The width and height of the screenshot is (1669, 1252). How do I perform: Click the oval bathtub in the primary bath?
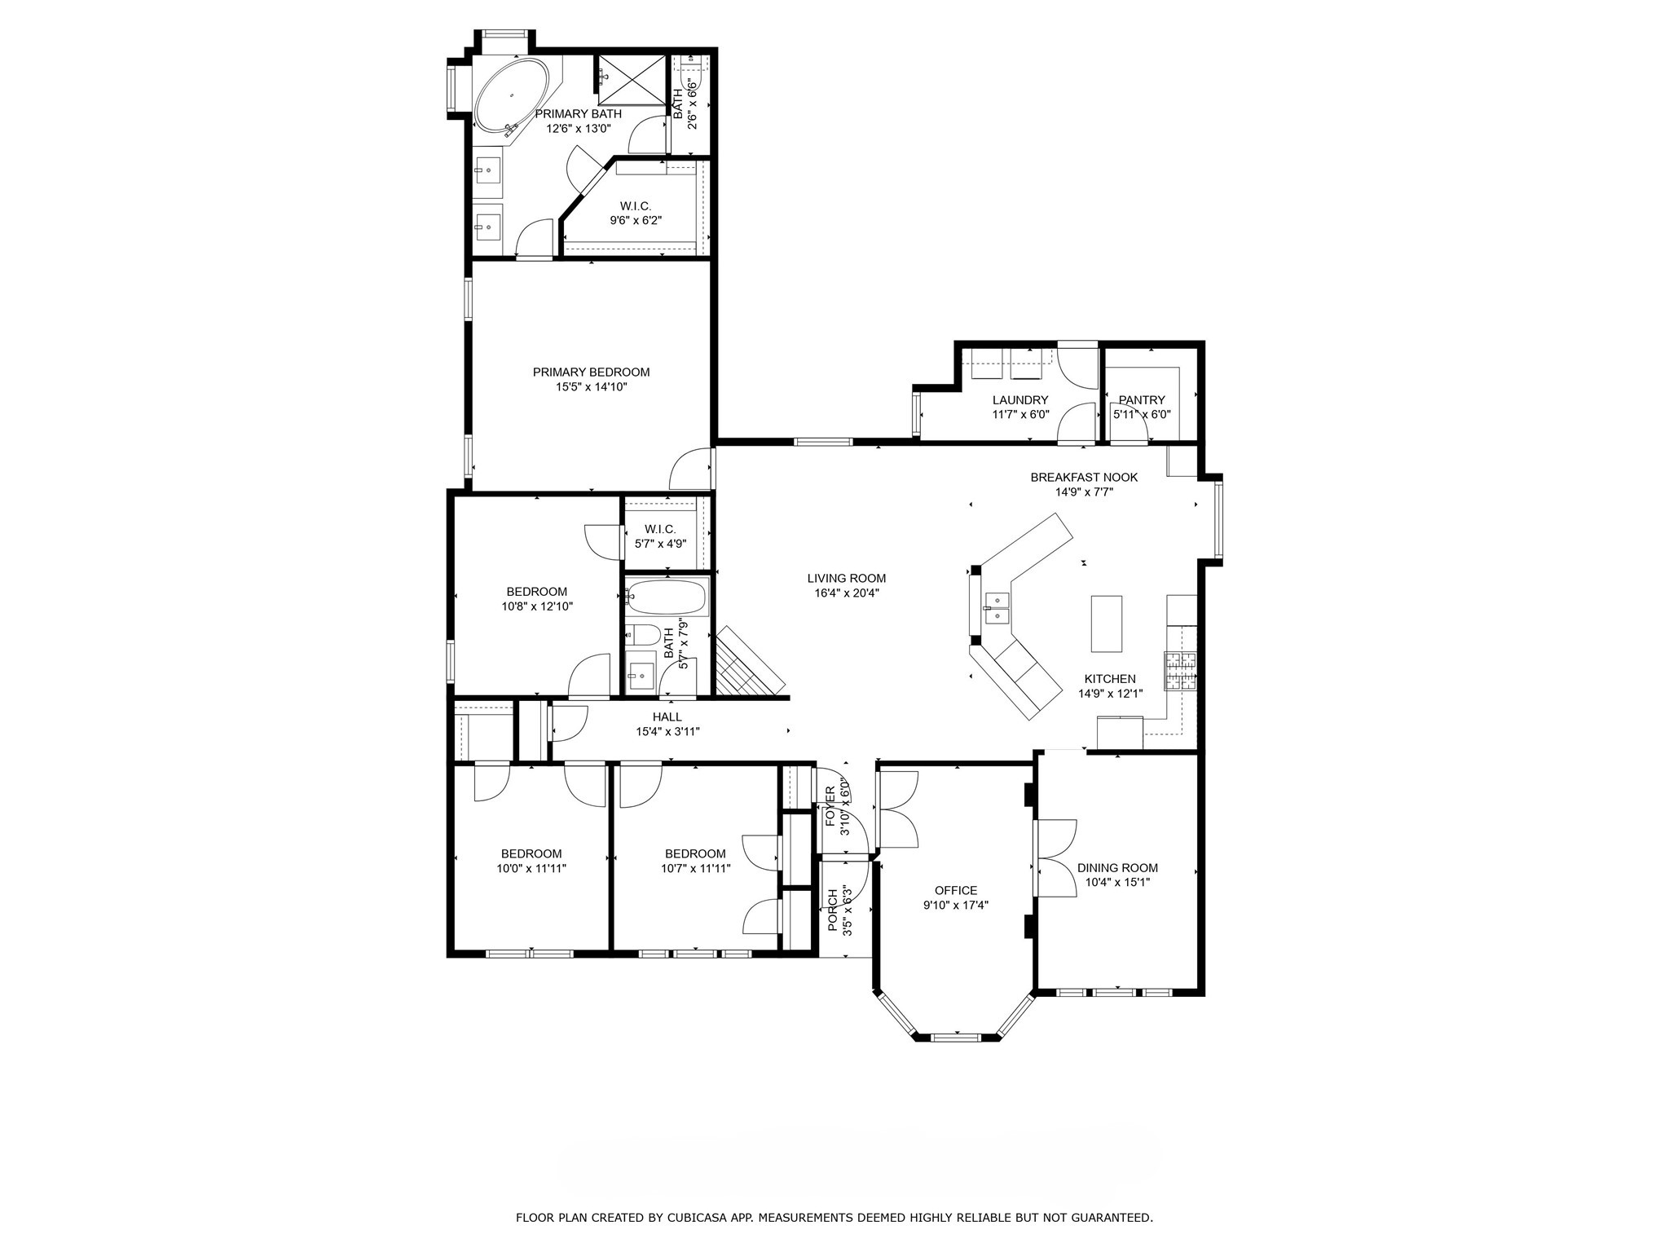tap(513, 95)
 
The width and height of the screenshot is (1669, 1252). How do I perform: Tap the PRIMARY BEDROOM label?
tap(591, 373)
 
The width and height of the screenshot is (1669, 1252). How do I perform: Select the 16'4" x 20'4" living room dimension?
tap(846, 593)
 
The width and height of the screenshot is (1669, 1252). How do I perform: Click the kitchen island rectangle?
tap(1106, 624)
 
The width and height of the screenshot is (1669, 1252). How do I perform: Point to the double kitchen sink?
tap(997, 608)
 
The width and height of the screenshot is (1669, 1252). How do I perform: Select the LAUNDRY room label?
tap(1019, 400)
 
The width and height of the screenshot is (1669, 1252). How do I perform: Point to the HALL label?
tap(667, 717)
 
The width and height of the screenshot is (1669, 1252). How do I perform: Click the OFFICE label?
tap(955, 891)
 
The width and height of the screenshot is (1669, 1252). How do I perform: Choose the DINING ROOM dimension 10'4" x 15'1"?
tap(1117, 882)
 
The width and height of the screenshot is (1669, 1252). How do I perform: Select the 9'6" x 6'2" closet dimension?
tap(636, 221)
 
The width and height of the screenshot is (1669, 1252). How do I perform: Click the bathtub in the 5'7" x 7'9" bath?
tap(667, 598)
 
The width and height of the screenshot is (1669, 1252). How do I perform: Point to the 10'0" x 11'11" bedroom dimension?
tap(531, 869)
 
